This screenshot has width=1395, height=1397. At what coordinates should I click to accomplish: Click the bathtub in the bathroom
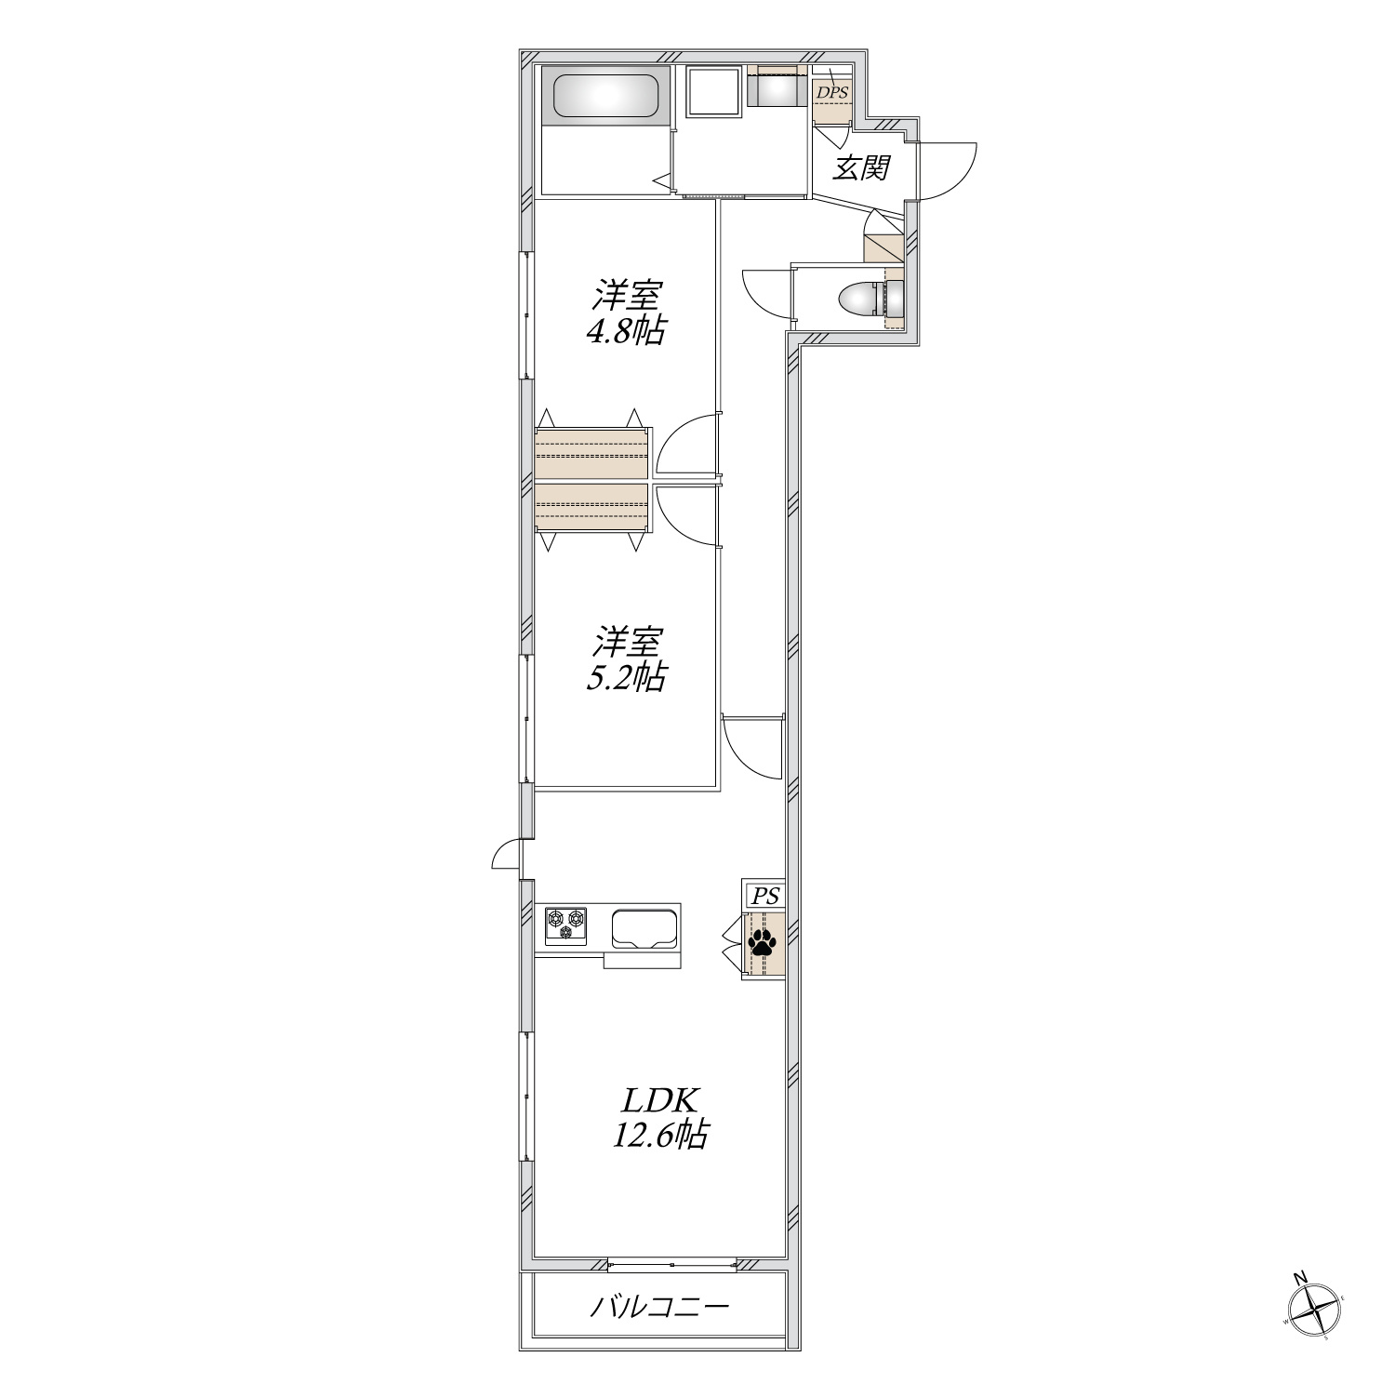607,95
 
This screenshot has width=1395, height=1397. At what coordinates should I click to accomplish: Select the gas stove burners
565,926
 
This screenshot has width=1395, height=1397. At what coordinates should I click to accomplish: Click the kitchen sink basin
645,928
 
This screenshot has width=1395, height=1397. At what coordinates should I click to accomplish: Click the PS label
764,897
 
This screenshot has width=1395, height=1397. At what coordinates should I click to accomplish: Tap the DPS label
831,93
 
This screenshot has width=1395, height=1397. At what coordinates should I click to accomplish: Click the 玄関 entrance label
861,167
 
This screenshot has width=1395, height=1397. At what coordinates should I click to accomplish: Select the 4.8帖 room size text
625,330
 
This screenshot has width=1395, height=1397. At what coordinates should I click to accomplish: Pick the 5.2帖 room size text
625,677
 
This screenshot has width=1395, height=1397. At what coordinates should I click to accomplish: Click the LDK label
658,1101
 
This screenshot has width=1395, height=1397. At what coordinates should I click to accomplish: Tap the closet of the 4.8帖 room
592,453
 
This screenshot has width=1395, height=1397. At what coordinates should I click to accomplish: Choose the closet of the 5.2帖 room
592,507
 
